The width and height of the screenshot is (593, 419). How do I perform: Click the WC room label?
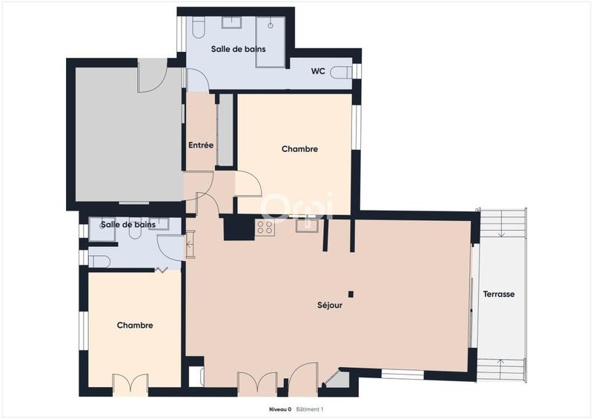317,71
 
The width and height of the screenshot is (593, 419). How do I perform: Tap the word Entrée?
200,145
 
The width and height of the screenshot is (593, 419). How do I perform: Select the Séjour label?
330,305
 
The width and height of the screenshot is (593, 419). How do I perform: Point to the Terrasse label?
499,294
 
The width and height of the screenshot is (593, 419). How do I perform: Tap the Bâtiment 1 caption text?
311,409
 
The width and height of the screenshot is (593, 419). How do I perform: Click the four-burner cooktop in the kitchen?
265,227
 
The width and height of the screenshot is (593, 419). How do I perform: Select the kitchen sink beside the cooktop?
307,225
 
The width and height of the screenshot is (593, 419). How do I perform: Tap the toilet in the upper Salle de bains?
198,27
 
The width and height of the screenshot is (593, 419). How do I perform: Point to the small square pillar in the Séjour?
351,294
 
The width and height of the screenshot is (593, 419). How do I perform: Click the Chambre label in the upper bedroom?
299,149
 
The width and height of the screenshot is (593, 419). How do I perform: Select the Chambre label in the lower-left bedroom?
135,326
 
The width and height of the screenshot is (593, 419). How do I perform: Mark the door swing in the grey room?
153,77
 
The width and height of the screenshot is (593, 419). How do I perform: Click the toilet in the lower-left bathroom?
101,261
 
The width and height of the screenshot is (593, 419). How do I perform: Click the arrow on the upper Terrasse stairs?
503,232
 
